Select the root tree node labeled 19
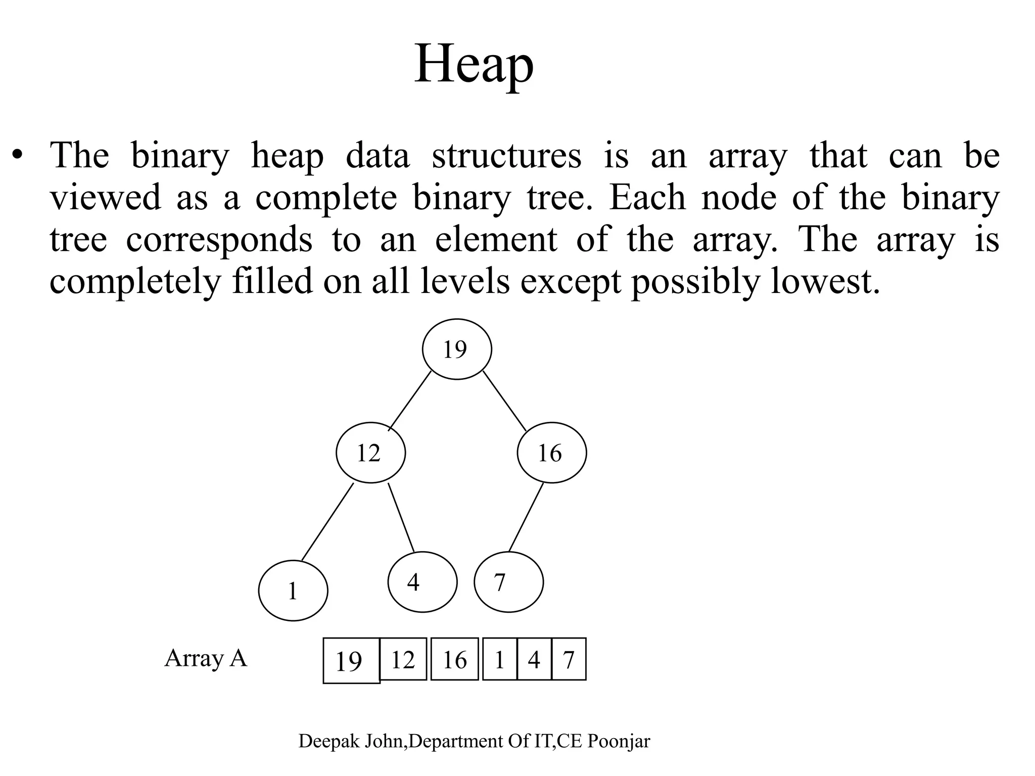pos(457,349)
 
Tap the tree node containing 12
pos(370,453)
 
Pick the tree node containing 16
pos(552,453)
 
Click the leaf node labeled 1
pos(293,591)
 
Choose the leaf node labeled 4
pos(422,582)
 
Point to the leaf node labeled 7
pos(508,582)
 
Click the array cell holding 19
pos(351,660)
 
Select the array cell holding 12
pos(403,659)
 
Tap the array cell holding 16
pos(454,659)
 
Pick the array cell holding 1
pos(500,659)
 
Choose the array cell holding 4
pos(534,659)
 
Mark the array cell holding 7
pos(569,659)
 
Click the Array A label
pos(206,658)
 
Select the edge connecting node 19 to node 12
pos(410,401)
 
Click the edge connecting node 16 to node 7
pos(526,517)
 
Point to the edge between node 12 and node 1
pos(327,522)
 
